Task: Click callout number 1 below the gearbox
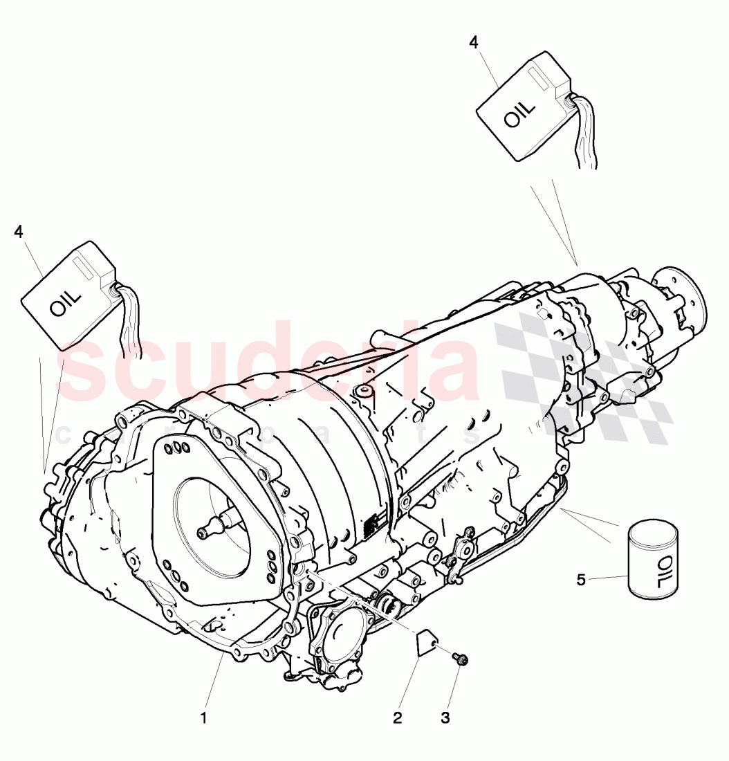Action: tap(203, 718)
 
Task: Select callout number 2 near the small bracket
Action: tap(397, 718)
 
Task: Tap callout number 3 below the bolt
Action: tap(445, 718)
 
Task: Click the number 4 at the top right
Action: tap(473, 42)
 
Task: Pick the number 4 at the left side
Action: tap(19, 232)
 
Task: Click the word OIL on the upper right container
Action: tap(519, 113)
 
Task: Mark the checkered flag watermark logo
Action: tap(581, 374)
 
